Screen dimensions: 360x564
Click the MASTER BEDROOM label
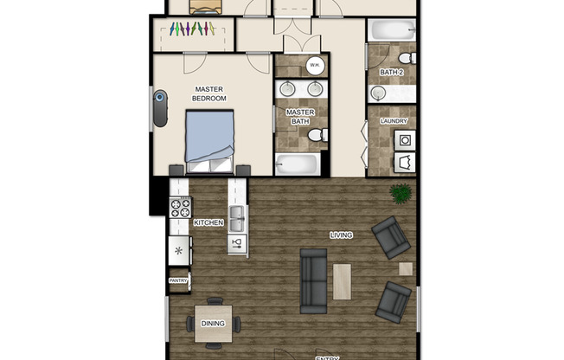(209, 93)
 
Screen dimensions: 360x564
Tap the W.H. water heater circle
(315, 65)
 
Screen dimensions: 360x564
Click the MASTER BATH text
(299, 117)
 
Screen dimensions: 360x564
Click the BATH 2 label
(392, 73)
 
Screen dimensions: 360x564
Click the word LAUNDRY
(393, 121)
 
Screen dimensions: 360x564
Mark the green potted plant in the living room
(401, 193)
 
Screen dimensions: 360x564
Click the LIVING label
(341, 235)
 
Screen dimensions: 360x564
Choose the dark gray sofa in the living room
(312, 280)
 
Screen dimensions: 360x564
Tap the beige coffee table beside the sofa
(343, 281)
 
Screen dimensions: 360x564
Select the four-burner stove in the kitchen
(180, 208)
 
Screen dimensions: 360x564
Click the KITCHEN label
(208, 223)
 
